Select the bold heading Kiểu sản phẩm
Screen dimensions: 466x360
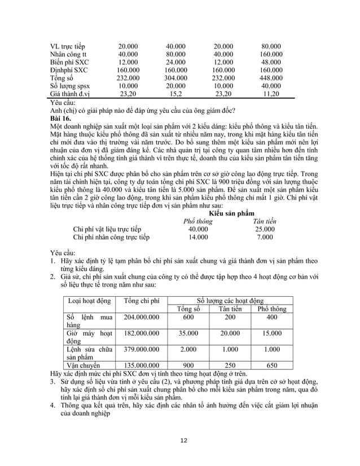[231, 214]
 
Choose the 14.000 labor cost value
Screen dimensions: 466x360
[197, 238]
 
